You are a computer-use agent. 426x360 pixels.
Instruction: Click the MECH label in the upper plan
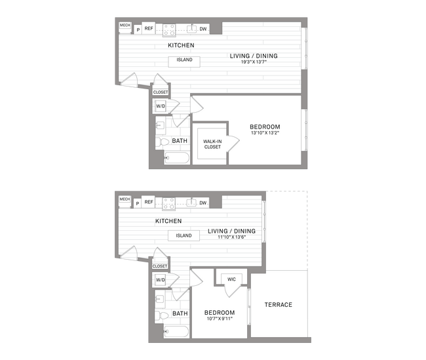point(125,26)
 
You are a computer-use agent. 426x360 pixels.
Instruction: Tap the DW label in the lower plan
point(204,203)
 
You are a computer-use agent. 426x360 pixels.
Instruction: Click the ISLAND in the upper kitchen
point(184,60)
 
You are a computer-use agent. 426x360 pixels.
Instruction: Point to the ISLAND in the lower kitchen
point(184,235)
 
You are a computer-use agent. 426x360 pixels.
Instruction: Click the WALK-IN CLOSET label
point(212,144)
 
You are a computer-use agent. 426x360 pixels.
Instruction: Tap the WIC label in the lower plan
point(231,279)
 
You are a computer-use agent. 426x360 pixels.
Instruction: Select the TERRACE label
point(279,305)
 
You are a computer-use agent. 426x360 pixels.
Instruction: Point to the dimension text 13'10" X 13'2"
point(265,134)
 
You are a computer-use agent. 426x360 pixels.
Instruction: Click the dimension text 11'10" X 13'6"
point(232,238)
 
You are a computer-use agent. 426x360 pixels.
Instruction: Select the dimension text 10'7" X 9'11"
point(219,319)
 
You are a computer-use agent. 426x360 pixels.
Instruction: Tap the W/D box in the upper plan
point(161,106)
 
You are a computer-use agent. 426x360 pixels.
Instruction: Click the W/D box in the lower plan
point(161,281)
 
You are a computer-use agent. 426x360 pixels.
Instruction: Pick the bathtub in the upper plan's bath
point(176,157)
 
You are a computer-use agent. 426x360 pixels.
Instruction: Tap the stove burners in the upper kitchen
point(169,30)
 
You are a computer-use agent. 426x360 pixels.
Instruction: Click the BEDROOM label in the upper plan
point(265,127)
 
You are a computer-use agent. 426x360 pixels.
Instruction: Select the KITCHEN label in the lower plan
point(168,222)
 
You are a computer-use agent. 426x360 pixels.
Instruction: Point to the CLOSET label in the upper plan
point(161,92)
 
